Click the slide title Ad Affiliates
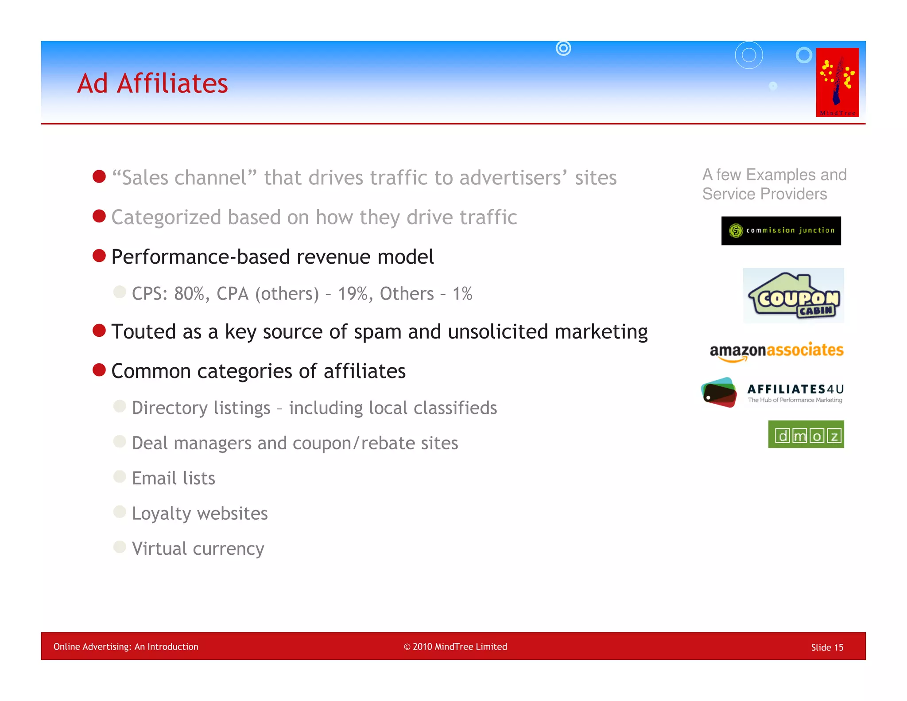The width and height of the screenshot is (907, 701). [x=152, y=83]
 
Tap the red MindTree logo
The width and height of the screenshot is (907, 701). [x=837, y=82]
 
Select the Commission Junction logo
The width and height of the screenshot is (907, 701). [x=781, y=230]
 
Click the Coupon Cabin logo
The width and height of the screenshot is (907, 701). [x=794, y=296]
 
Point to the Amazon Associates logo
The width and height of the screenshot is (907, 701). [x=776, y=351]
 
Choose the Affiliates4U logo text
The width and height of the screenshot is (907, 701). [x=795, y=390]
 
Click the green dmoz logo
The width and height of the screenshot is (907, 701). [x=806, y=434]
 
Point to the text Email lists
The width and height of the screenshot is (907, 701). [x=174, y=479]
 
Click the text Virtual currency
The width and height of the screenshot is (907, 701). [x=198, y=549]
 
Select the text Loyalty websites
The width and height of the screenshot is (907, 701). [x=200, y=514]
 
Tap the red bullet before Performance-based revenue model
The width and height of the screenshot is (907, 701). [x=99, y=256]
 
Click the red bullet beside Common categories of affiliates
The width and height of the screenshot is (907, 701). [x=99, y=370]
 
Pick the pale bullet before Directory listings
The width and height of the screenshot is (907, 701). [x=120, y=406]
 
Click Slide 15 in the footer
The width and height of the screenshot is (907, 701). [x=827, y=647]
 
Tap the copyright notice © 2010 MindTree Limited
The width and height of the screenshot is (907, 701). [x=455, y=646]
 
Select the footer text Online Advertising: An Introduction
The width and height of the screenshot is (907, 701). [x=126, y=646]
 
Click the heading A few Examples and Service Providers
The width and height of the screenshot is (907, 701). [x=774, y=184]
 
